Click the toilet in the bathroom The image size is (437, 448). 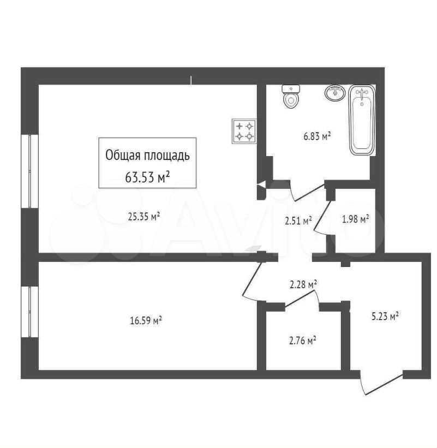pos(291,96)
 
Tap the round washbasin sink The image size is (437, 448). pos(335,93)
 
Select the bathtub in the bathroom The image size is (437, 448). pos(362,120)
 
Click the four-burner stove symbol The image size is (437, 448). pos(244,131)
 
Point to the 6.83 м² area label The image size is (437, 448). pos(317,136)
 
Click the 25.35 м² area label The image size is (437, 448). pos(143,217)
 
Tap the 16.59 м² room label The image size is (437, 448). pos(146,320)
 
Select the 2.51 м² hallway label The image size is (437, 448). pos(298,220)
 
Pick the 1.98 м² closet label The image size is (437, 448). pos(355,219)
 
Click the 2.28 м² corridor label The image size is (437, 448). pos(303,285)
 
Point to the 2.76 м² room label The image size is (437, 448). pos(302,341)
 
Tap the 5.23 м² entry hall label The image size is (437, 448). pos(385,316)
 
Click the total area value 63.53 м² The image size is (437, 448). pos(147,177)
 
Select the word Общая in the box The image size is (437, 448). pos(123,156)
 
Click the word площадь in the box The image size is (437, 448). pos(166,156)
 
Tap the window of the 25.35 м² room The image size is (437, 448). pos(30,171)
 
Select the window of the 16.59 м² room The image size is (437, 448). pos(30,312)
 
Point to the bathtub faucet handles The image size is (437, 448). pos(362,93)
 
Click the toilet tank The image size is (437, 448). pos(291,89)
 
